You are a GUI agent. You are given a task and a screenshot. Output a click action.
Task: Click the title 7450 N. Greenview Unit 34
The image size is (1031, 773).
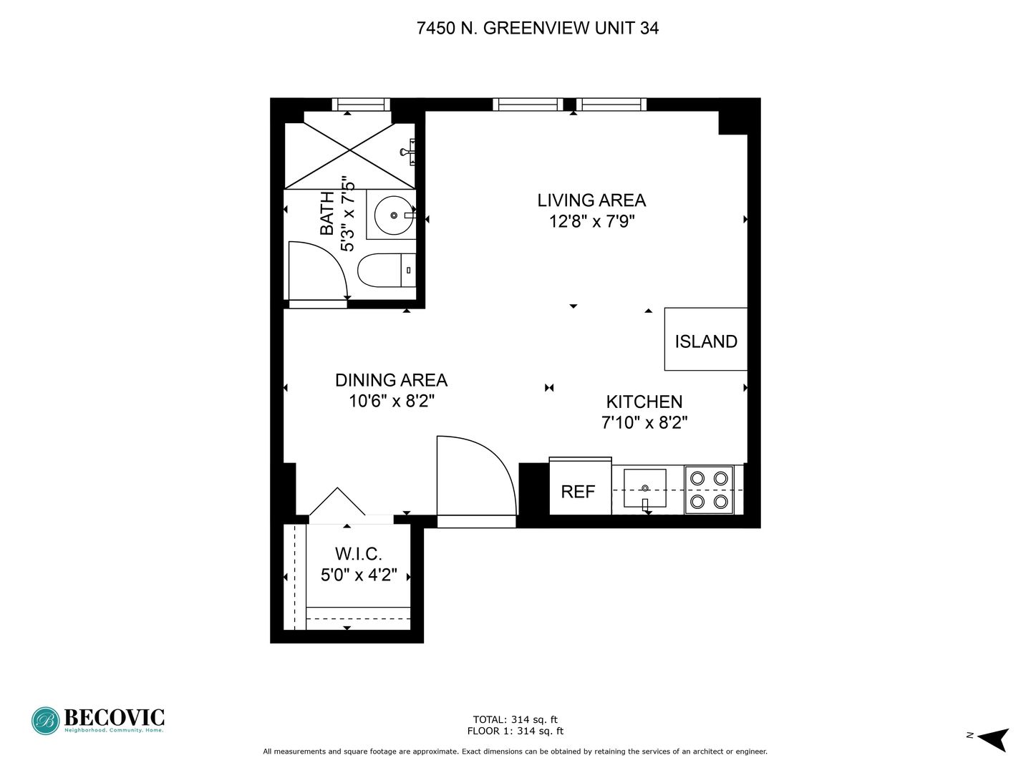pos(538,28)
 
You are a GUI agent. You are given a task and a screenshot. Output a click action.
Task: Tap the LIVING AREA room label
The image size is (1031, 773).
pos(591,200)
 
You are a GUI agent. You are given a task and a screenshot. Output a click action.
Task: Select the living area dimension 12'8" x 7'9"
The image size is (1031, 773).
pos(592,221)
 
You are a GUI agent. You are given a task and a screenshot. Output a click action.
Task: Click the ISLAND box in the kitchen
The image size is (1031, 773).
pos(705,339)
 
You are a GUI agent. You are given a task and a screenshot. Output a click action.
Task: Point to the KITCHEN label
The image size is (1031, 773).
pos(644,402)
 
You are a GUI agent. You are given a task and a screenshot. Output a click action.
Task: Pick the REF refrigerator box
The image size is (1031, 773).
pos(581,486)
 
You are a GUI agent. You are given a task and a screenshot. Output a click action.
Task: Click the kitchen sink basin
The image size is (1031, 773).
pos(645,488)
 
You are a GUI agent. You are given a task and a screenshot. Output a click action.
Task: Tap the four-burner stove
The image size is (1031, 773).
pos(709,490)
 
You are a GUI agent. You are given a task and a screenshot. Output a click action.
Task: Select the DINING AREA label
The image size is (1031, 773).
pos(391,380)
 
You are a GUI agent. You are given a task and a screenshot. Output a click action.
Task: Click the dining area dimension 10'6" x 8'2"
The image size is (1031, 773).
pos(391,402)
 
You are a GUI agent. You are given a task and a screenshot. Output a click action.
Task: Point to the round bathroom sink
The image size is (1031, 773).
pos(394,215)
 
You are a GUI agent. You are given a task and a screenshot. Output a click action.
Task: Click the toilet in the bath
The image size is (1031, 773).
pos(387,271)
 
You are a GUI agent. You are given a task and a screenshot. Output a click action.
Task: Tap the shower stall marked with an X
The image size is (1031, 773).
pos(349,150)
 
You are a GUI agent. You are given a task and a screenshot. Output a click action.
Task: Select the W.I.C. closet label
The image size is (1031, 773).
pos(358,554)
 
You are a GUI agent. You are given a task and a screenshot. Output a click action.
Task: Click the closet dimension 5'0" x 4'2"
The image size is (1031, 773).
pos(359,575)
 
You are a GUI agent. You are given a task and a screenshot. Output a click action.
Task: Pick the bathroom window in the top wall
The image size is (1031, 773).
pos(361,104)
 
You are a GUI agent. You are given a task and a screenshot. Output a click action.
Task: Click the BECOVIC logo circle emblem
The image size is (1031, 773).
pos(45,721)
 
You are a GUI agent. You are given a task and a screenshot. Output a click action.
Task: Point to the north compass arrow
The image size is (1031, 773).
pos(996,740)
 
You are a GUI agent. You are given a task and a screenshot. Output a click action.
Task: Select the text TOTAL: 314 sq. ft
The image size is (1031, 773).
pos(515,719)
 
